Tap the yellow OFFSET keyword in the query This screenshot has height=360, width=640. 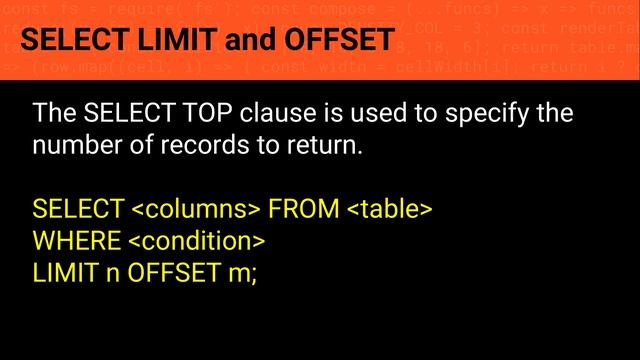171,272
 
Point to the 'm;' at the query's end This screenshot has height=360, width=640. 242,272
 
